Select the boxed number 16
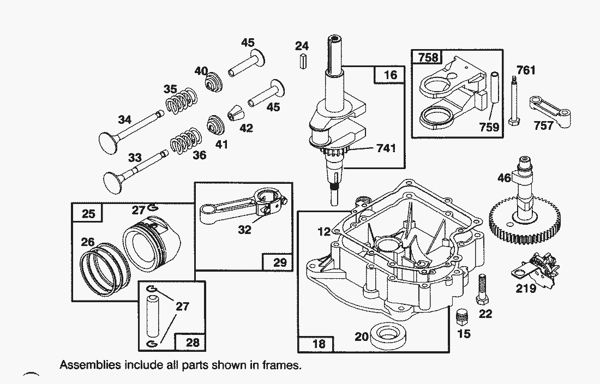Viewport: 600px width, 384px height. tap(390, 75)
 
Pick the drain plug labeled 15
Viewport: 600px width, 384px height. tap(462, 316)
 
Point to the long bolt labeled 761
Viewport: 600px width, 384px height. tap(513, 101)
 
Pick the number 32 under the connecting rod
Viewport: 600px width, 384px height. tap(244, 230)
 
